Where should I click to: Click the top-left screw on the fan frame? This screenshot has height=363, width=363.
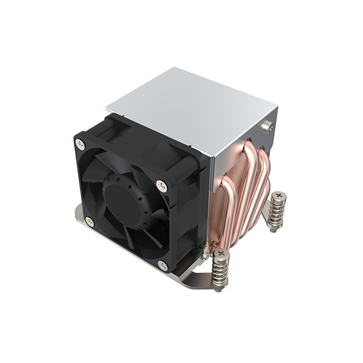pos(79,143)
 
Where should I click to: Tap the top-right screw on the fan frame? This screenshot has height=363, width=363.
pos(161,186)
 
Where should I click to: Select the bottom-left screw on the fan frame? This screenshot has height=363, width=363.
pos(89,222)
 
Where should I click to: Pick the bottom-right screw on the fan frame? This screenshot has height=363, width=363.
pos(162,264)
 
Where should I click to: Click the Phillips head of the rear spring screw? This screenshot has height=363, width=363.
pos(278,196)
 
